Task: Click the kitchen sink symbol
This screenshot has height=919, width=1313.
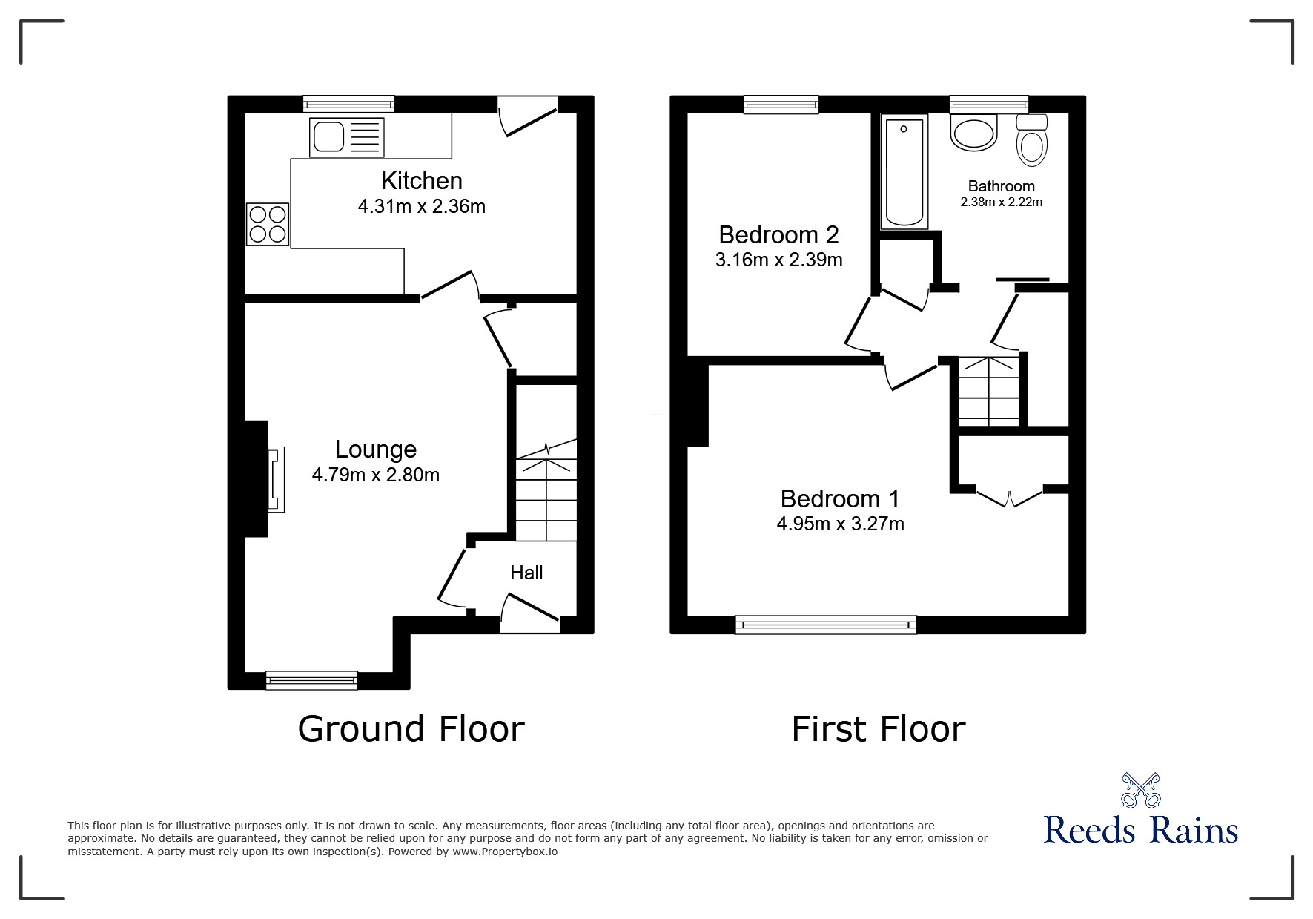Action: (x=347, y=137)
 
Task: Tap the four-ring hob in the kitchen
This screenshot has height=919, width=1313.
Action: (x=268, y=224)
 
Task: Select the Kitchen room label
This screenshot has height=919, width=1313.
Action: (x=422, y=181)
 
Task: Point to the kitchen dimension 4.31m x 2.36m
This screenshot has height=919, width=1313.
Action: (x=422, y=206)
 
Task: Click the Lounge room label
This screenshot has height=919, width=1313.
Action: (x=376, y=449)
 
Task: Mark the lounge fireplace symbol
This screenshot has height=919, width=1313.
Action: (x=276, y=479)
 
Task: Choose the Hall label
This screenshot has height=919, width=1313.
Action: (x=526, y=573)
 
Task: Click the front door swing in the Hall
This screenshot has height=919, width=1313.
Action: (x=529, y=613)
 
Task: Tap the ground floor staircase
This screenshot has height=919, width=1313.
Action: (x=546, y=490)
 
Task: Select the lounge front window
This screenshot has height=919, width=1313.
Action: (x=312, y=680)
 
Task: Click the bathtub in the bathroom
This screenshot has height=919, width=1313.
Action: (x=904, y=171)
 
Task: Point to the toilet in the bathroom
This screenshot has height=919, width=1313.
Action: (x=1032, y=140)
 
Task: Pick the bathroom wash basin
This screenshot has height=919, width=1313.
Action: (x=974, y=134)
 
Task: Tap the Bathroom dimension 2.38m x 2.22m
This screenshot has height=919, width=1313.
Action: (x=1002, y=202)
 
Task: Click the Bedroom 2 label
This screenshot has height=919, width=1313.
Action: (x=778, y=235)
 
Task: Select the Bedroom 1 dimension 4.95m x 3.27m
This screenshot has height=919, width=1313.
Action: (x=840, y=524)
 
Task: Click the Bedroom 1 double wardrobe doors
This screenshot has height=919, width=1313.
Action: (x=1010, y=497)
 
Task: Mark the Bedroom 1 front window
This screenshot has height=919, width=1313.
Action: (x=826, y=625)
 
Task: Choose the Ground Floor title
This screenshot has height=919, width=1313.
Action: (x=411, y=729)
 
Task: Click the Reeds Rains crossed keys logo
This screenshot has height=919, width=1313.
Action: (x=1141, y=790)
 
